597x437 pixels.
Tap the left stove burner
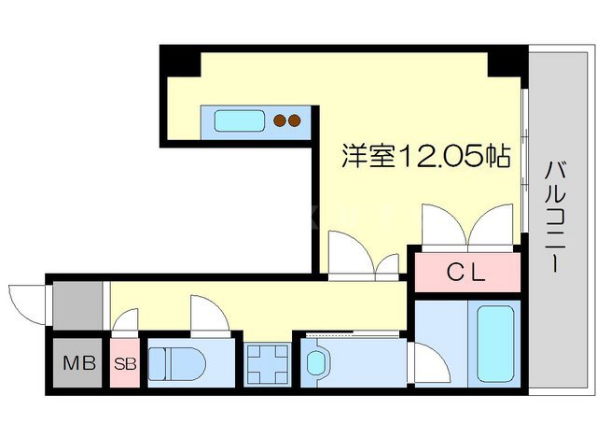pyautogui.click(x=279, y=120)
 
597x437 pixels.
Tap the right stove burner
pyautogui.click(x=294, y=120)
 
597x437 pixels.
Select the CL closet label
pyautogui.click(x=465, y=274)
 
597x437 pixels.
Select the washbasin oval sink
pyautogui.click(x=318, y=361)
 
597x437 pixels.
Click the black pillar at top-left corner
pyautogui.click(x=180, y=62)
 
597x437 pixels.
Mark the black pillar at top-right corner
pyautogui.click(x=507, y=62)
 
